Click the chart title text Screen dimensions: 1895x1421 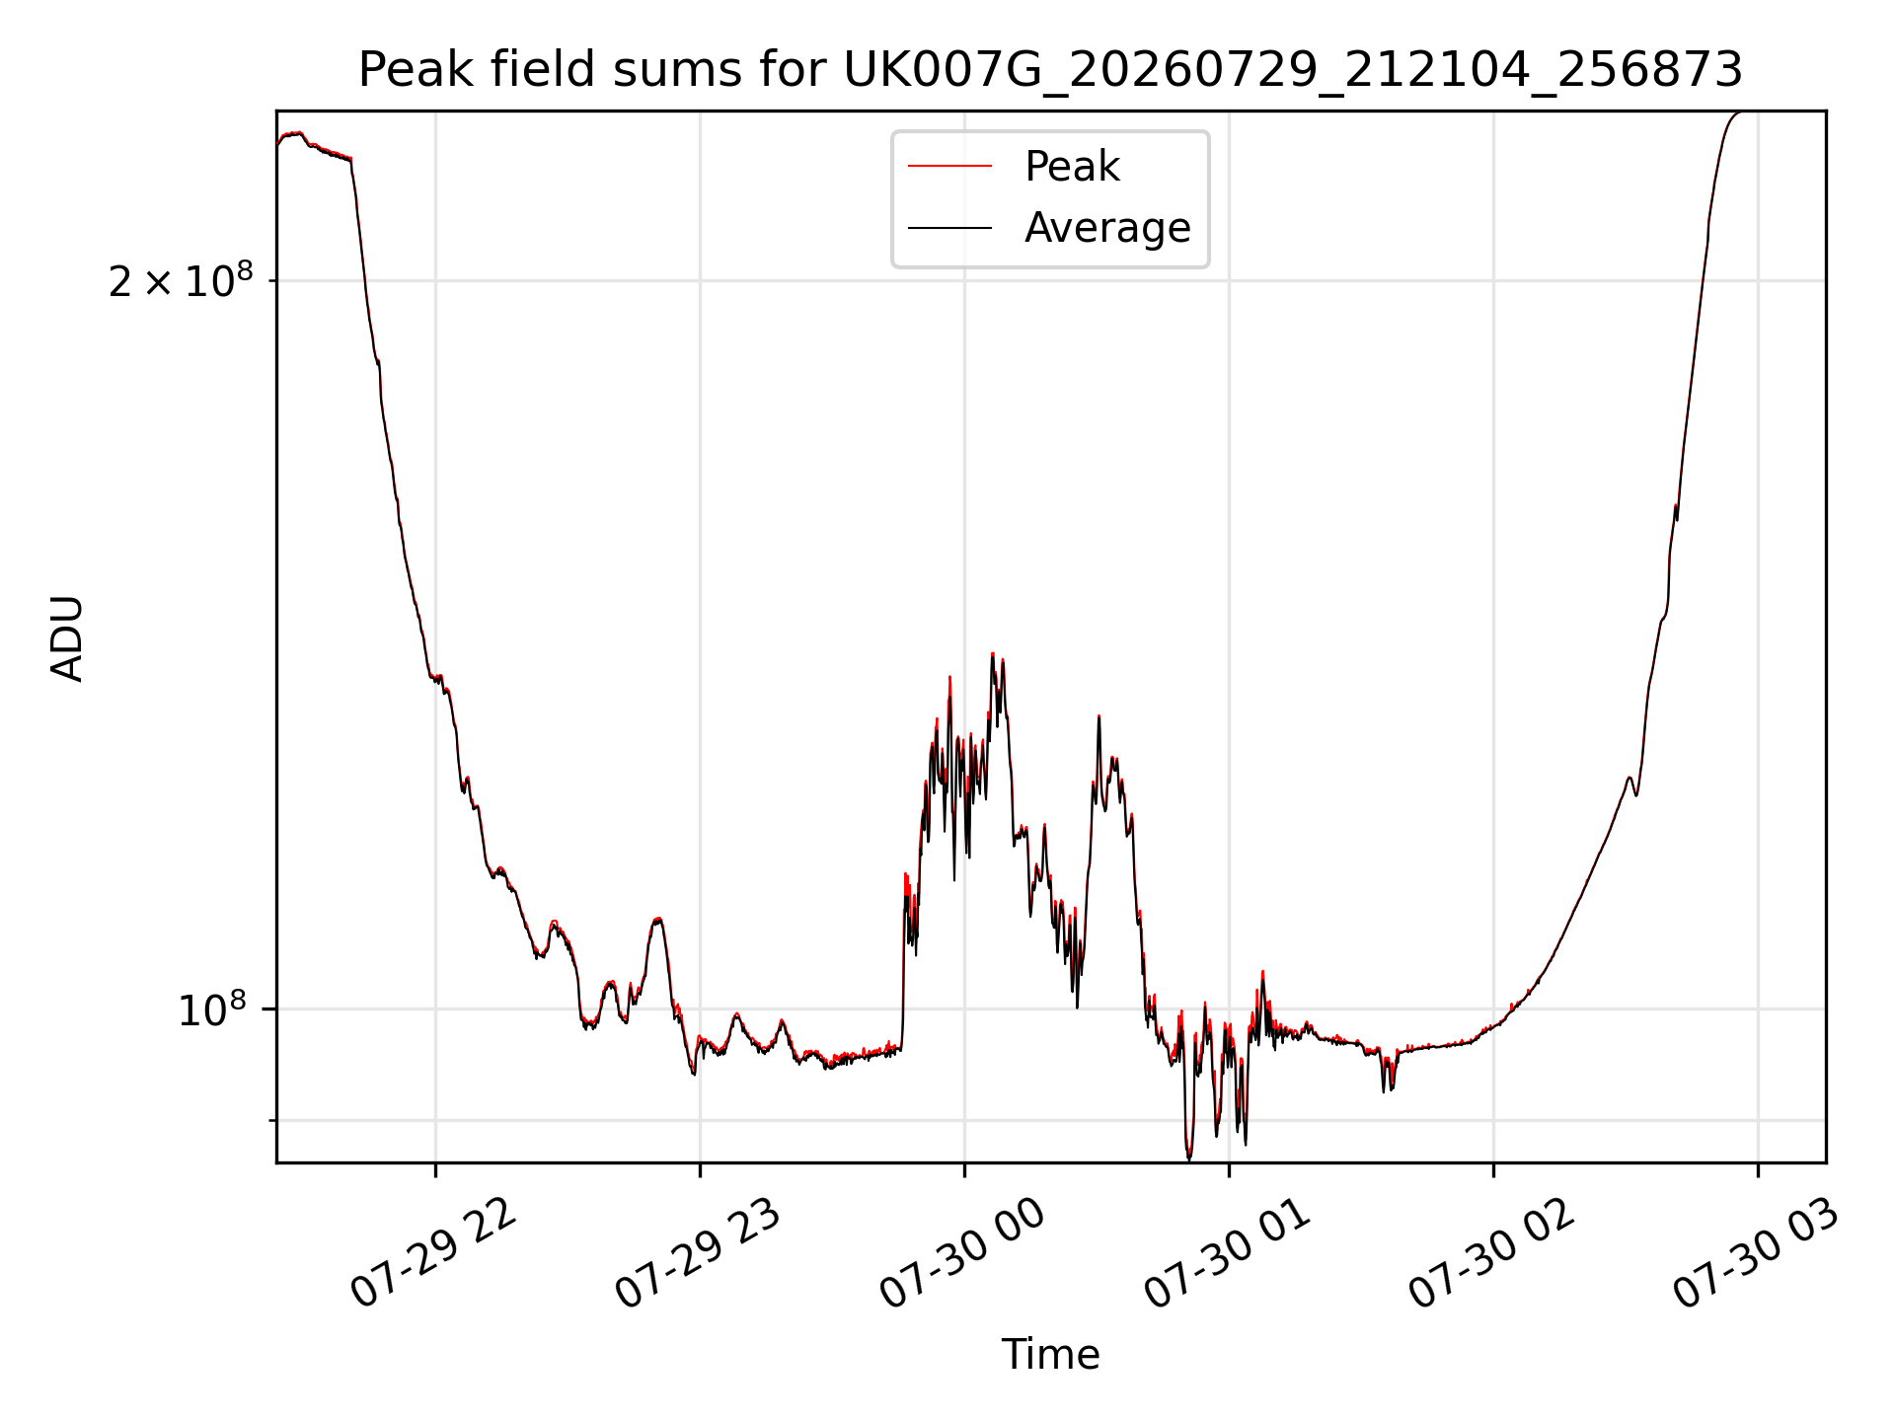(x=1050, y=70)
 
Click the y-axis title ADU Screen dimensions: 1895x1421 (x=67, y=637)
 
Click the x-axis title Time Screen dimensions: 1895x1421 (x=1050, y=1355)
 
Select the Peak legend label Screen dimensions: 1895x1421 (x=1072, y=167)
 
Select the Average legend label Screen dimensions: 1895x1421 (x=1107, y=228)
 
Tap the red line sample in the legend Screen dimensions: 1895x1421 (x=949, y=167)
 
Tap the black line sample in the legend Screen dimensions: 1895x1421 (x=949, y=228)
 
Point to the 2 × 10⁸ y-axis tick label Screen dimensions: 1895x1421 (x=181, y=281)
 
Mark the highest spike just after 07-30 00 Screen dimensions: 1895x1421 (x=993, y=654)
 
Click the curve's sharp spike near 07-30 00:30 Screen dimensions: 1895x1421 (x=1099, y=717)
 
